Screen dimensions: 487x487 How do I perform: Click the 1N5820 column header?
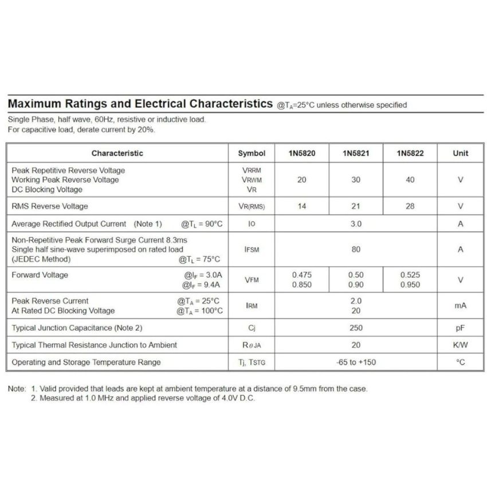click(x=302, y=154)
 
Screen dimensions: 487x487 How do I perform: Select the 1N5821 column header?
click(x=356, y=154)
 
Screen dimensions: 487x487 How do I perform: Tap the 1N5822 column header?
click(x=410, y=154)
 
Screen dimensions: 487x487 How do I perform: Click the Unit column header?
click(x=460, y=154)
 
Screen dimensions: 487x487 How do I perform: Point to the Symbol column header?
click(x=252, y=154)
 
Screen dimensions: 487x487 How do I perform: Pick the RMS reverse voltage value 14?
click(x=302, y=206)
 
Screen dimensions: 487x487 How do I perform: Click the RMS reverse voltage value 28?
click(x=410, y=206)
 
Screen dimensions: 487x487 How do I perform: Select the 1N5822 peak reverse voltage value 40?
click(x=410, y=180)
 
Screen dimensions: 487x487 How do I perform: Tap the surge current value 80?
click(x=356, y=249)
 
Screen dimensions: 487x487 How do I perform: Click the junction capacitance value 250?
click(x=356, y=328)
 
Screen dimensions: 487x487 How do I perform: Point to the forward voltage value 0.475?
click(x=302, y=275)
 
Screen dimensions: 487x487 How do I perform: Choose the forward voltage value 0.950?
click(x=410, y=285)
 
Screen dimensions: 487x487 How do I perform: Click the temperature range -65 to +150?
click(x=356, y=362)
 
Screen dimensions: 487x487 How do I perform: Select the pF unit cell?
click(x=460, y=328)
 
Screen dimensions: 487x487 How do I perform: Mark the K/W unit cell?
click(x=460, y=345)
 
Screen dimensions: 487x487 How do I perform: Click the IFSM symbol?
click(x=252, y=250)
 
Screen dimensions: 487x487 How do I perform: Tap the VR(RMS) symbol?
click(x=252, y=207)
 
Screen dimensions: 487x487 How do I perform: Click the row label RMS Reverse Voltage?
click(x=50, y=206)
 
